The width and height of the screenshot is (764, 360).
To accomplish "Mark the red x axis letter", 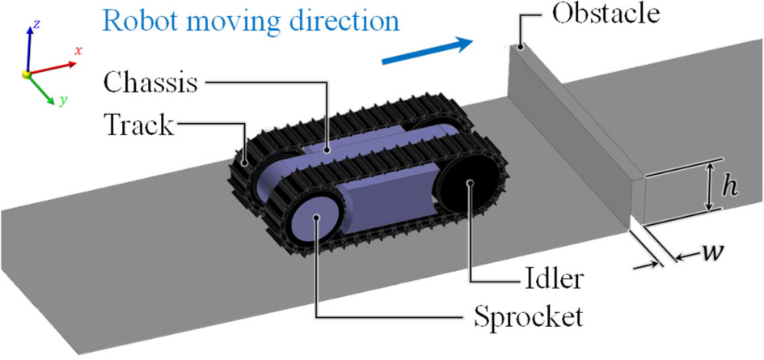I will click(78, 50).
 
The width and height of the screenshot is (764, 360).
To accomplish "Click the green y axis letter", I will click(62, 101).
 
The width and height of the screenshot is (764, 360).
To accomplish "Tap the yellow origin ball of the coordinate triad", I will click(27, 75).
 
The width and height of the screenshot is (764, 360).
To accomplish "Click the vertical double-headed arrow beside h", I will click(709, 187).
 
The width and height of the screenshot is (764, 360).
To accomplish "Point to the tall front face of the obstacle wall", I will click(566, 138).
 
